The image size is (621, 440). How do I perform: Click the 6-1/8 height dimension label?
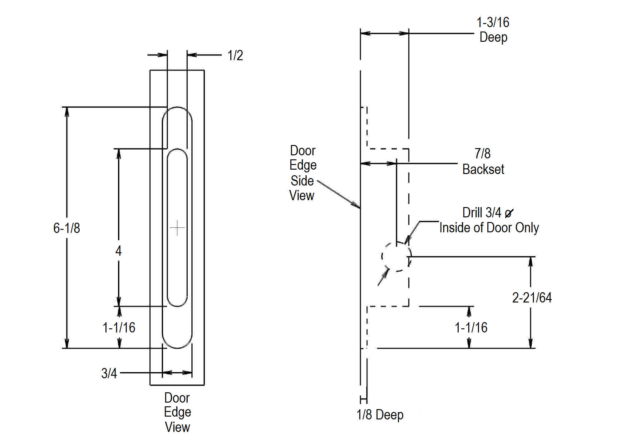point(67,228)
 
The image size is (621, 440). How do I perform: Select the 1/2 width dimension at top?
point(235,55)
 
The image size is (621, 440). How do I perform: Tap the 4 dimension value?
point(118,251)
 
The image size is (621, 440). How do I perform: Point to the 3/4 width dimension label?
point(109,373)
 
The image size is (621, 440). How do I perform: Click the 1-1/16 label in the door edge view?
point(119,328)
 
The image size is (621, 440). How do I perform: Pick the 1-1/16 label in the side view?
point(471,328)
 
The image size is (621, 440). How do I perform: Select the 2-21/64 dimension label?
point(532,297)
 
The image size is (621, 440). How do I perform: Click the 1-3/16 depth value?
point(493,22)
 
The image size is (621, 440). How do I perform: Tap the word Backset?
point(483,169)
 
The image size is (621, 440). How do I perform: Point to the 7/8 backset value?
point(482,153)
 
